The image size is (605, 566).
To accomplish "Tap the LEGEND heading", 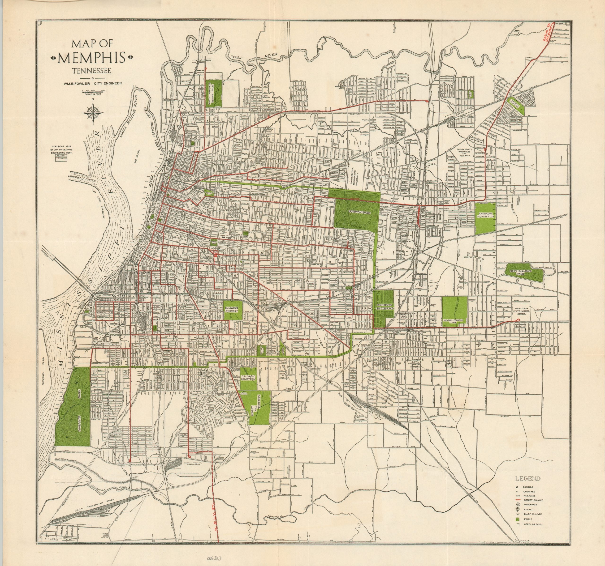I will pos(528,478).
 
